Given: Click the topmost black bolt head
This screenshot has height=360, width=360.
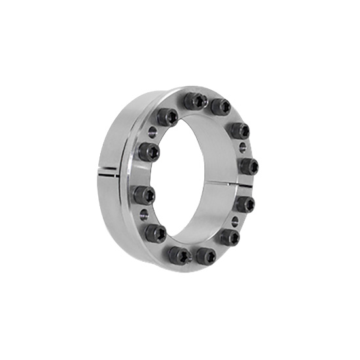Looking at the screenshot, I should pyautogui.click(x=193, y=101).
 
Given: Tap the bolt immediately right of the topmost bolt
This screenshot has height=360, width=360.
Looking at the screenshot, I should pyautogui.click(x=221, y=106).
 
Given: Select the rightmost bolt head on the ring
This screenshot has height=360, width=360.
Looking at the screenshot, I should pyautogui.click(x=247, y=166).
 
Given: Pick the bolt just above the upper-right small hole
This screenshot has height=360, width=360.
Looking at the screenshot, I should pyautogui.click(x=240, y=130).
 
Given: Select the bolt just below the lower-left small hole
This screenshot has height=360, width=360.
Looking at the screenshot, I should pyautogui.click(x=154, y=232).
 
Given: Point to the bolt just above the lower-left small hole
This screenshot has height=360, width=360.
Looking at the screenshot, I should pyautogui.click(x=143, y=194).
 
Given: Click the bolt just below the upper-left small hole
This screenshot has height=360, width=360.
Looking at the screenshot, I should pyautogui.click(x=149, y=153).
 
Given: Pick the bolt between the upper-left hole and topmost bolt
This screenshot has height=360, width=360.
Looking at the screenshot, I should pyautogui.click(x=167, y=117).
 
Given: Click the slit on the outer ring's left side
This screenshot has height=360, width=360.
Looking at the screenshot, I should pyautogui.click(x=107, y=173).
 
